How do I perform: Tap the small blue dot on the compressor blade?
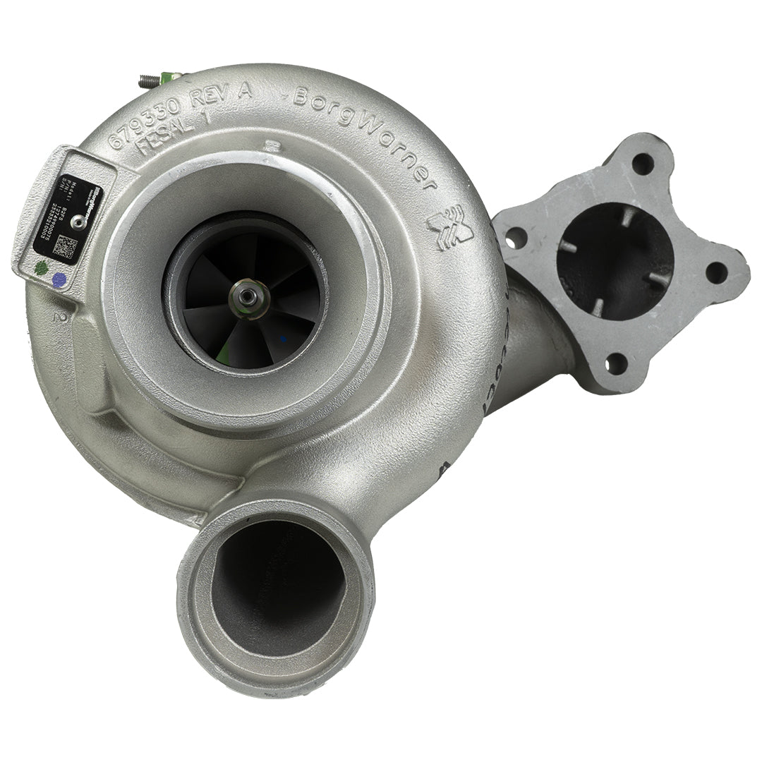point(284,340)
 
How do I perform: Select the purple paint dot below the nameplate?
point(59,279)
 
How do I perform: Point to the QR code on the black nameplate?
point(66,247)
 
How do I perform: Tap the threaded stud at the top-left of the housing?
point(149,80)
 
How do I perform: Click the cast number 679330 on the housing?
point(145,121)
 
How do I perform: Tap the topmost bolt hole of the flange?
point(642,163)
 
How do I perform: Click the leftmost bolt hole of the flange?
point(517,238)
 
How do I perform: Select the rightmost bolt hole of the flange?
point(716,272)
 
